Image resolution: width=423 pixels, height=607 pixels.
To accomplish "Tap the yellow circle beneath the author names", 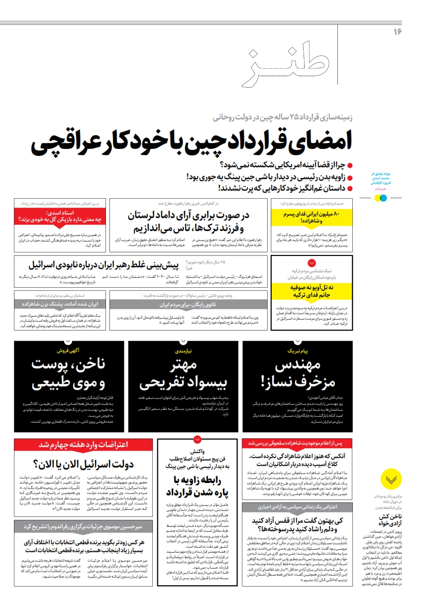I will tap(377, 198).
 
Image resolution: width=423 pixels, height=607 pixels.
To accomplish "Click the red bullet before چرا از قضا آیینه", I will tap(350, 165).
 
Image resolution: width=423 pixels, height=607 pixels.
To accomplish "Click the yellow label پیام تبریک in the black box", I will tap(298, 351).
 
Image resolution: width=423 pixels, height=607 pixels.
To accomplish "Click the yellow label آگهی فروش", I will tap(69, 351).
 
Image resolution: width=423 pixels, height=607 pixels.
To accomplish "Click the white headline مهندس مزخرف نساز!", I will tap(298, 374).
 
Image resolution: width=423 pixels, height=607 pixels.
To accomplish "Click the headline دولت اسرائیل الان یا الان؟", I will tap(83, 465).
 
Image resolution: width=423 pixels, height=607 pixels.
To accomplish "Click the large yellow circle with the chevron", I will tap(391, 479).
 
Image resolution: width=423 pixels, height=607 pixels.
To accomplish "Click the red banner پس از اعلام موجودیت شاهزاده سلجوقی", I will tap(297, 443).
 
